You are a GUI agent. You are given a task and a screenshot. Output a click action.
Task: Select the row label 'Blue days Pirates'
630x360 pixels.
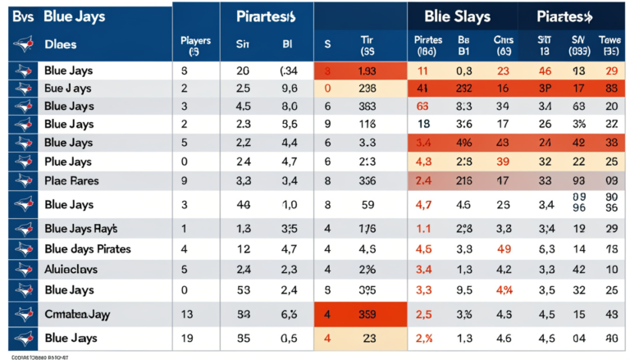pyautogui.click(x=87, y=248)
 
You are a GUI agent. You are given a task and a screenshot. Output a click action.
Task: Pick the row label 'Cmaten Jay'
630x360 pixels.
pyautogui.click(x=78, y=313)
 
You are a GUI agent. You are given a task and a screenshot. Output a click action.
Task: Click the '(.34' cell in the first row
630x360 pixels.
pyautogui.click(x=289, y=72)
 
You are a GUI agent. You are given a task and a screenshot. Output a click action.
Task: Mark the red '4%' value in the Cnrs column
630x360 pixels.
pyautogui.click(x=503, y=289)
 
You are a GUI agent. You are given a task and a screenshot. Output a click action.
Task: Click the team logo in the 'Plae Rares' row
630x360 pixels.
pyautogui.click(x=24, y=180)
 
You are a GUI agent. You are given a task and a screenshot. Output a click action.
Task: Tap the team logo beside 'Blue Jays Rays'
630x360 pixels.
pyautogui.click(x=24, y=229)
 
